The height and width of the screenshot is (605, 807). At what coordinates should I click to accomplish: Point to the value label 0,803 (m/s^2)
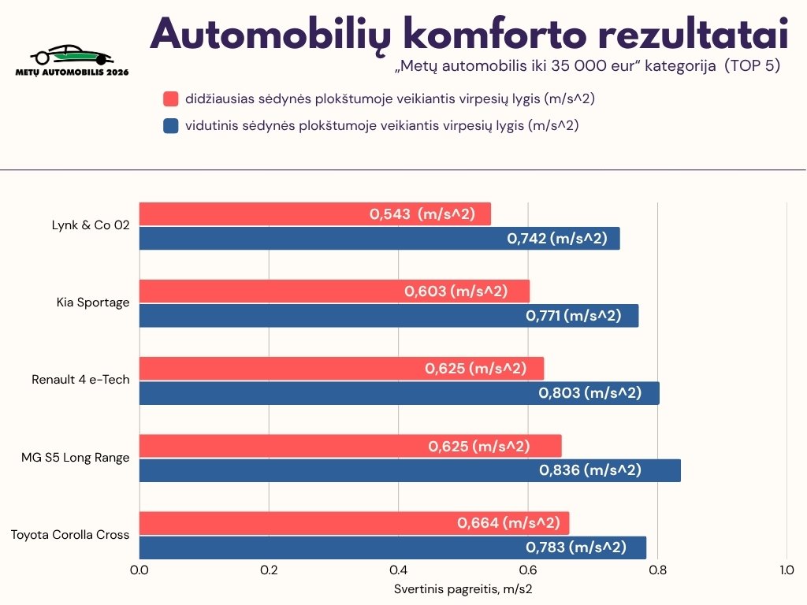(x=589, y=393)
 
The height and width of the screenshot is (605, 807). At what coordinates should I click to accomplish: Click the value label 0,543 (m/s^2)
(x=422, y=213)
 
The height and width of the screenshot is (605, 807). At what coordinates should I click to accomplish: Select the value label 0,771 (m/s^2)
(x=573, y=316)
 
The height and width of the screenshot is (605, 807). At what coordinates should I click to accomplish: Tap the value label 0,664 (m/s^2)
(x=508, y=523)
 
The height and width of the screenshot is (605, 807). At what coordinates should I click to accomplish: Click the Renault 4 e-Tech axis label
(x=80, y=380)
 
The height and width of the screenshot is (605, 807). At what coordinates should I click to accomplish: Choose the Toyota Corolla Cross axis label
(x=70, y=535)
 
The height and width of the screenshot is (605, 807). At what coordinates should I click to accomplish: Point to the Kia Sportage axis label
(x=93, y=302)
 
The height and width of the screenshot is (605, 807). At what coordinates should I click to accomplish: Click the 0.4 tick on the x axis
(x=398, y=570)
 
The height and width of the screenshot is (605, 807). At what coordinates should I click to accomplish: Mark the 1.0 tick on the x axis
(x=787, y=570)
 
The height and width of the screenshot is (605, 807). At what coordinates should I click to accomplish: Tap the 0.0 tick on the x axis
(x=139, y=570)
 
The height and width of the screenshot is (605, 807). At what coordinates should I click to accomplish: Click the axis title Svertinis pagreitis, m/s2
(x=463, y=588)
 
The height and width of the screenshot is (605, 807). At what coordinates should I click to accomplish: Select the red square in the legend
(x=171, y=99)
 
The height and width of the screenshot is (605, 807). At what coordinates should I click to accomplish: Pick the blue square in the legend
(x=171, y=125)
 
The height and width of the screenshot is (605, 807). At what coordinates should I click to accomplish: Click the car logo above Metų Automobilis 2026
(x=72, y=55)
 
